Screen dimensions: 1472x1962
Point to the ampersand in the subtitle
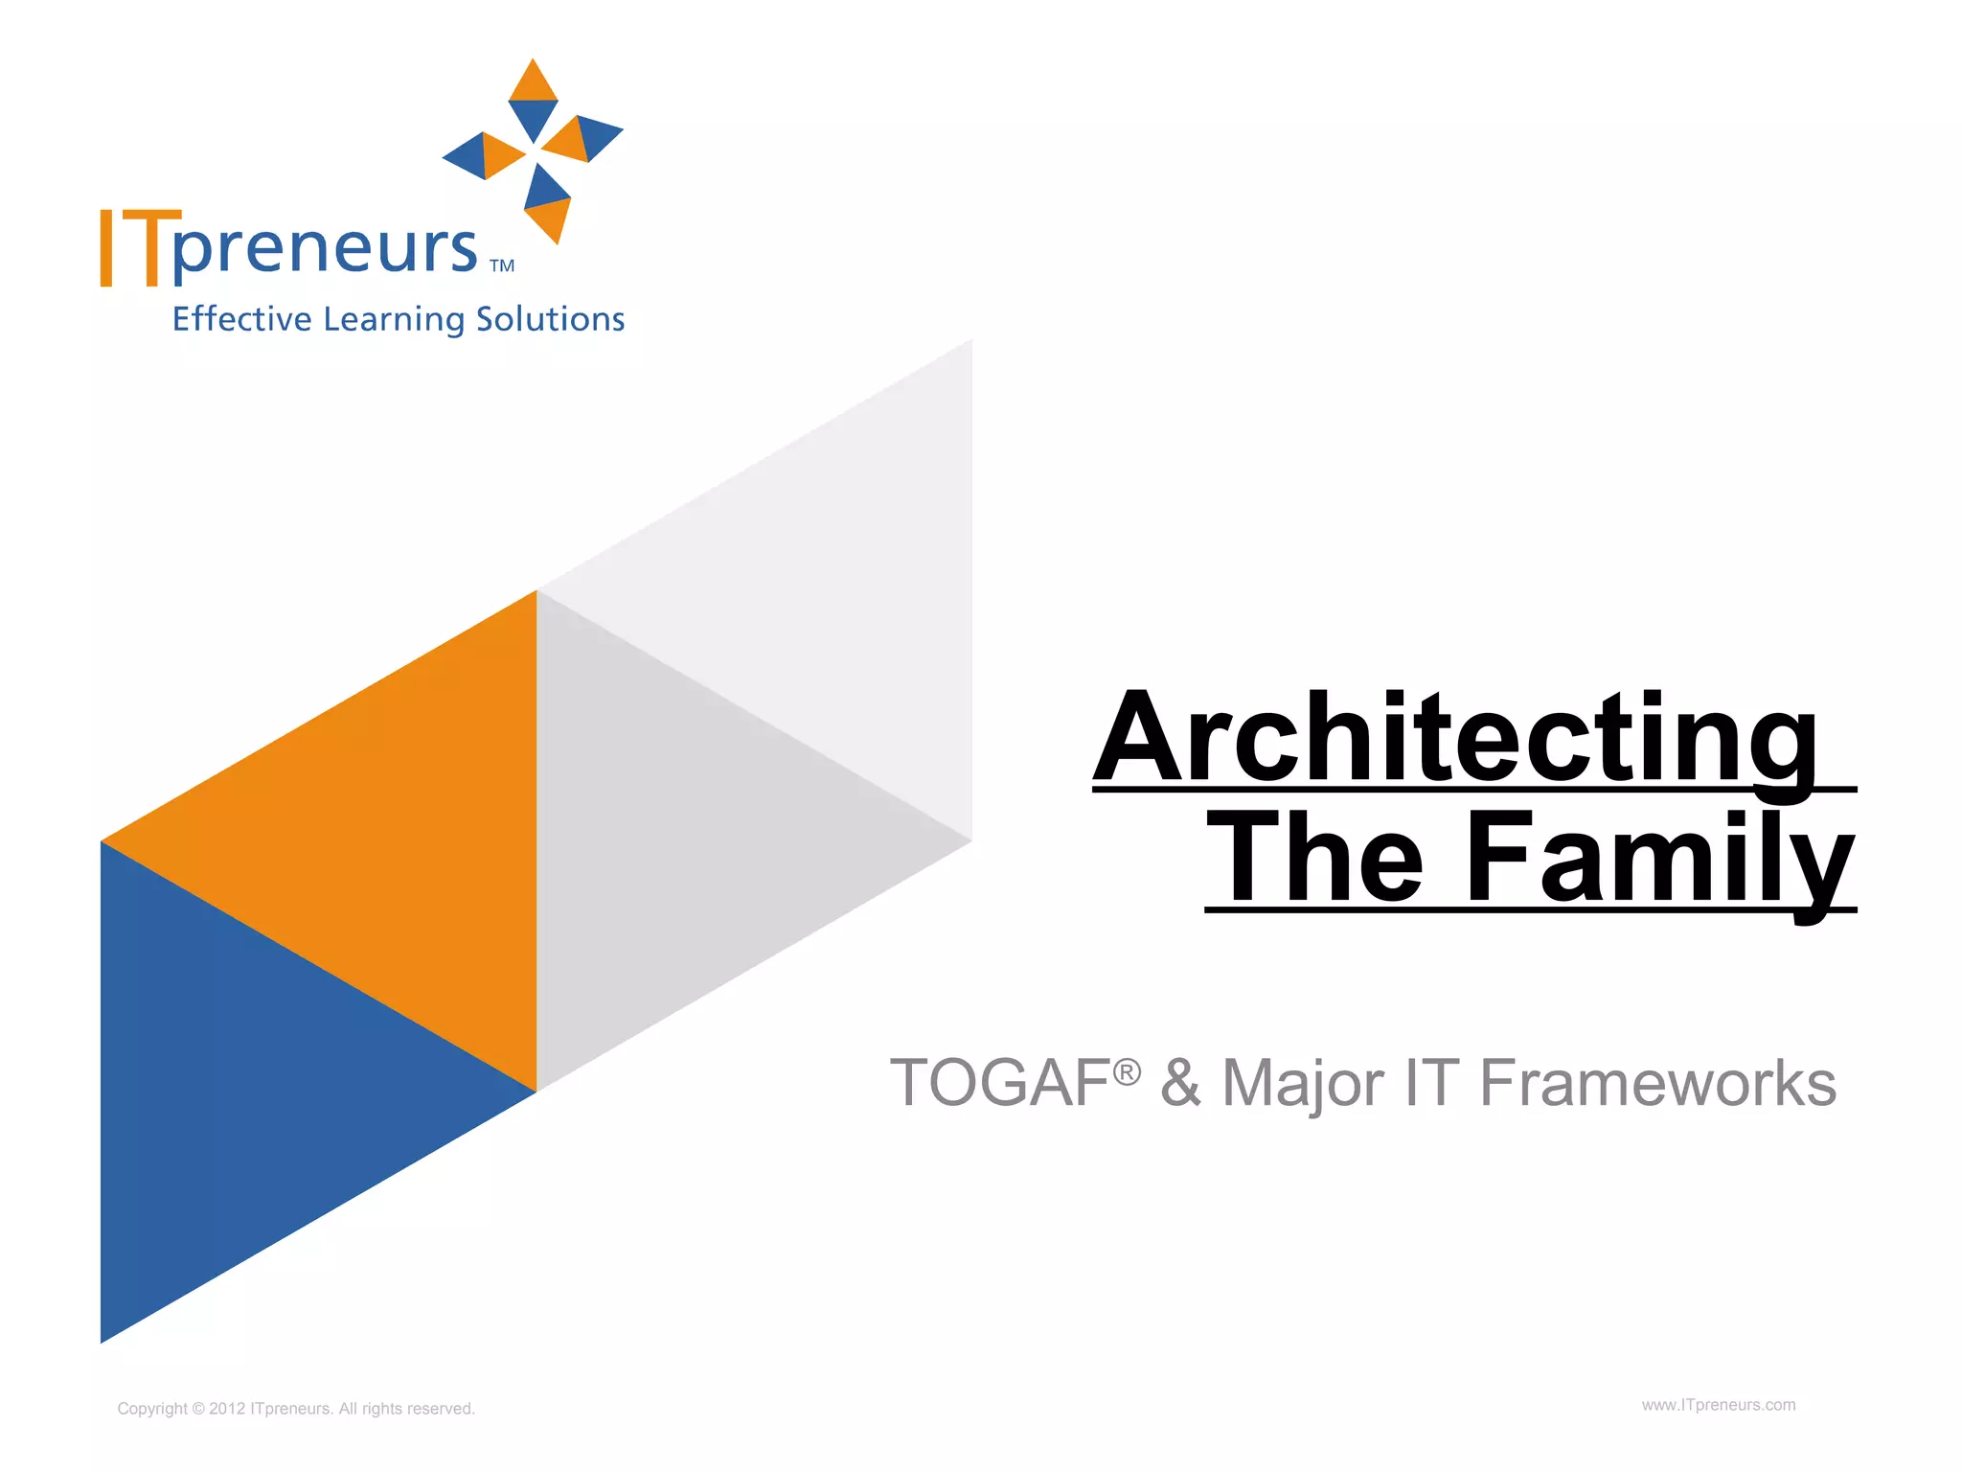[x=1180, y=1084]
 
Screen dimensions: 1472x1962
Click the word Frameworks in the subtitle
[x=1657, y=1084]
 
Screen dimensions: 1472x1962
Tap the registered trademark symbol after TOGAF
[x=1127, y=1070]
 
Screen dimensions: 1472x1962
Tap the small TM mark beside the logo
[x=502, y=266]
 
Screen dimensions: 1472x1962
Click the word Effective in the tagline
[x=241, y=319]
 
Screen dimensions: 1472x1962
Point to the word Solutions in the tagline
[x=550, y=319]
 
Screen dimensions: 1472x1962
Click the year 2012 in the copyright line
[x=227, y=1409]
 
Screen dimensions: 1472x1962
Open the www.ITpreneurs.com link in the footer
[x=1719, y=1405]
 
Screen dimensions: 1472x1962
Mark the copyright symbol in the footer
[x=198, y=1409]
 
